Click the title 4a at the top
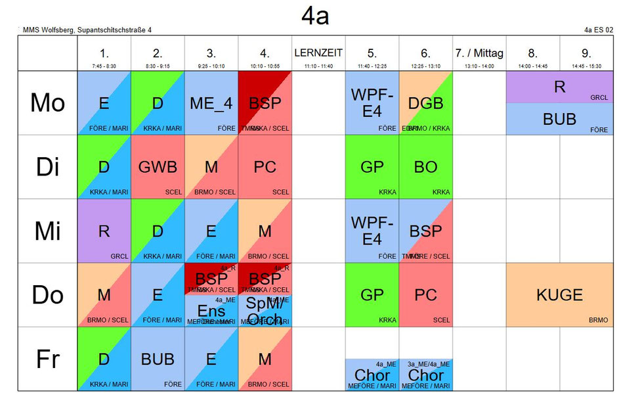tap(315, 16)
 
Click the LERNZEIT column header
tap(318, 53)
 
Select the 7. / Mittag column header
tap(479, 53)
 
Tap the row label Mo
tap(47, 103)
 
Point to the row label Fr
tap(47, 359)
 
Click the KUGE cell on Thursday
tap(559, 295)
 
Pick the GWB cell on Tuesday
tap(158, 167)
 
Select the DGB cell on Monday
tap(425, 103)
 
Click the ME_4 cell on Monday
tap(211, 103)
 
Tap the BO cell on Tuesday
tap(425, 167)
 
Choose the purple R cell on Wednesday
tap(104, 231)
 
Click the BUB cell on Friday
tap(158, 359)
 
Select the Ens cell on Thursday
tap(211, 312)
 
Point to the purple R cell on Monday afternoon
tap(559, 87)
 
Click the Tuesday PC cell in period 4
tap(265, 167)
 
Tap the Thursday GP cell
tap(372, 295)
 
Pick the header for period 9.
tap(586, 53)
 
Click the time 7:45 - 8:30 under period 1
tap(104, 66)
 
